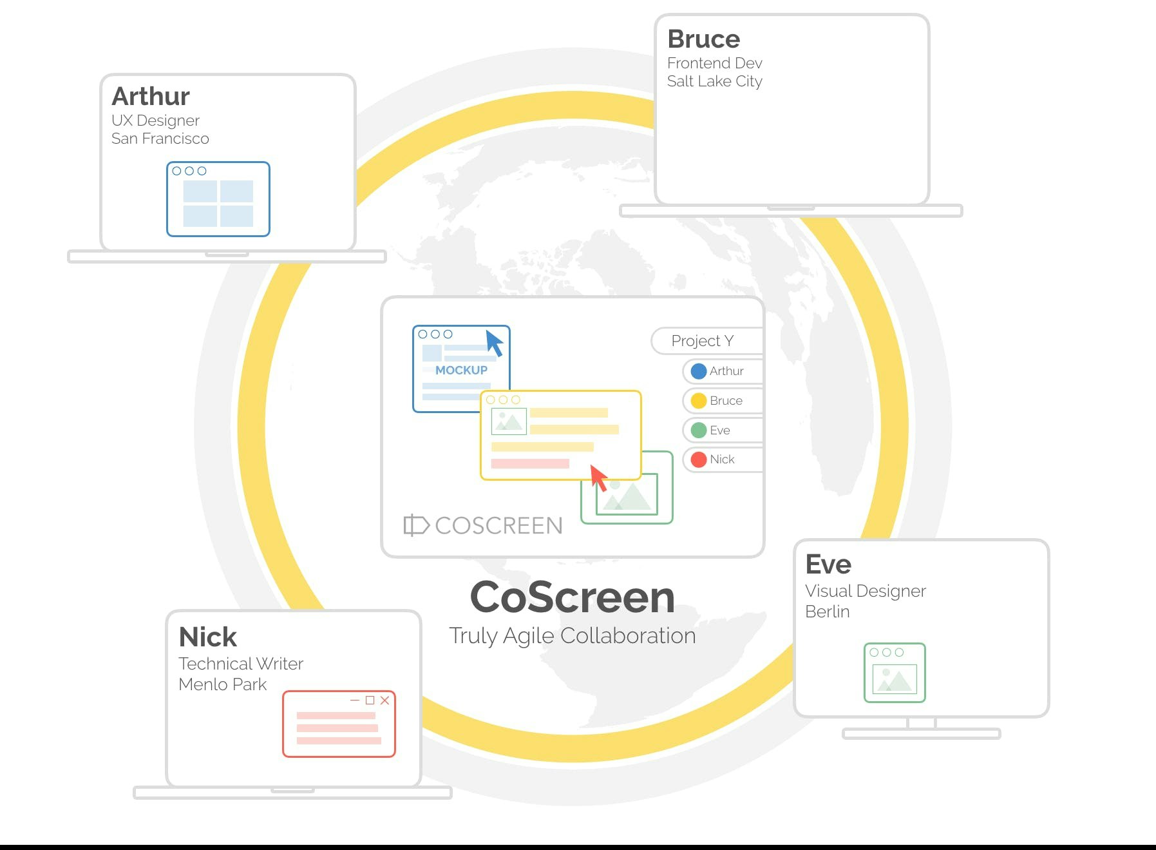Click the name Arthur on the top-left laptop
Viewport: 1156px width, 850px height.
[x=151, y=97]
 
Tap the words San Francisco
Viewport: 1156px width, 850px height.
[x=160, y=139]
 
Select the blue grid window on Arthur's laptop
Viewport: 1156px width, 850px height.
[x=218, y=199]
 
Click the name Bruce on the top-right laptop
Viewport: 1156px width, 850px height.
[x=703, y=39]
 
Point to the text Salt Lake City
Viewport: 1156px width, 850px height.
[x=714, y=81]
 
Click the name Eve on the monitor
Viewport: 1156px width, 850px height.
[x=828, y=565]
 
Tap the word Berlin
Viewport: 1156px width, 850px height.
[x=827, y=612]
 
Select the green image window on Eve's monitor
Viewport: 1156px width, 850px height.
[x=894, y=673]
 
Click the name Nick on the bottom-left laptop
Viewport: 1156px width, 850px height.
[x=207, y=637]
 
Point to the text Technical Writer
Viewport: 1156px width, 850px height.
[x=240, y=664]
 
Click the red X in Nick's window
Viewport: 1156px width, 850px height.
[x=384, y=700]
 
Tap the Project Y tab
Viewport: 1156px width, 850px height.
[x=703, y=341]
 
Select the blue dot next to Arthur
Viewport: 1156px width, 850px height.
[x=698, y=371]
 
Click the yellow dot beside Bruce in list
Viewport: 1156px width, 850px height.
[x=698, y=401]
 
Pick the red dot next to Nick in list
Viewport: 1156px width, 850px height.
[x=698, y=459]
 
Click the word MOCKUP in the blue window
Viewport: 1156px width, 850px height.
[x=461, y=371]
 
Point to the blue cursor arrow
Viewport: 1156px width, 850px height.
[x=494, y=343]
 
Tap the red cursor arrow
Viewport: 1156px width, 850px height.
[x=599, y=478]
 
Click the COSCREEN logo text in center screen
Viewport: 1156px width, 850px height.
[x=498, y=526]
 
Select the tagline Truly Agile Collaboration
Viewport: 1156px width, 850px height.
[x=572, y=636]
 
